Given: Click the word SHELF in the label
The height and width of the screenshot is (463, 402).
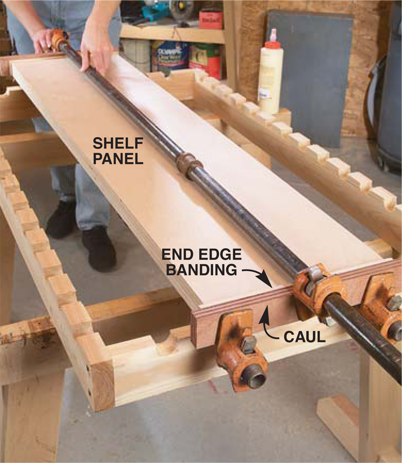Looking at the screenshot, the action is point(118,144).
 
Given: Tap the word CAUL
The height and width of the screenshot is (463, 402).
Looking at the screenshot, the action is point(305,336).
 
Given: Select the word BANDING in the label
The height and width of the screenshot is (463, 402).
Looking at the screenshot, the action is point(202,270).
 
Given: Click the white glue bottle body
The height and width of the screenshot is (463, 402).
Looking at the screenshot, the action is point(270,80).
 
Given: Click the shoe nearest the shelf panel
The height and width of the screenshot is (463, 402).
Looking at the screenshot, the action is point(99,249).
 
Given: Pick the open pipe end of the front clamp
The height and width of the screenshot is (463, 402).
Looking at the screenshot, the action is point(255,380).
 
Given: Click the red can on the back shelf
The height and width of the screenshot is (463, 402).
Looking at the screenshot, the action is point(211,20).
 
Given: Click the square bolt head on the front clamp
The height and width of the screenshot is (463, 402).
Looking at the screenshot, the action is point(249,344).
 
